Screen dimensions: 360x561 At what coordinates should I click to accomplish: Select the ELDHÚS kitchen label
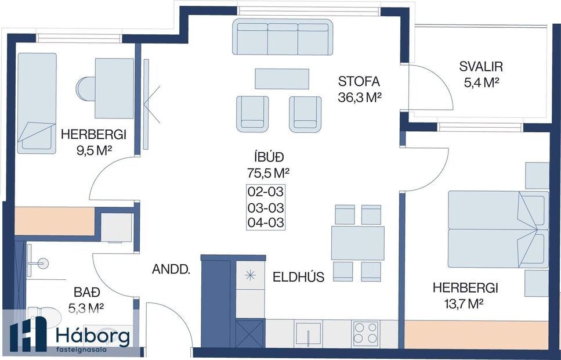(299, 277)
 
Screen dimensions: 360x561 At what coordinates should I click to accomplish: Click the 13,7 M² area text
(462, 303)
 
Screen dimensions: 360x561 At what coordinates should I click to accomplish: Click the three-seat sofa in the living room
(283, 37)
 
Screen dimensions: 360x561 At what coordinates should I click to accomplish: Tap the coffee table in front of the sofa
(282, 78)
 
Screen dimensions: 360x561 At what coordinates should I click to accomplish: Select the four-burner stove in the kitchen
(365, 334)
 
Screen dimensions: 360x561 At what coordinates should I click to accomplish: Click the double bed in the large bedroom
(498, 229)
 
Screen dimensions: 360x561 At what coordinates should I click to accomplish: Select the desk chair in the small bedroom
(85, 89)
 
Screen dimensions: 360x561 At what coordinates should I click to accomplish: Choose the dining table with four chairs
(357, 243)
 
